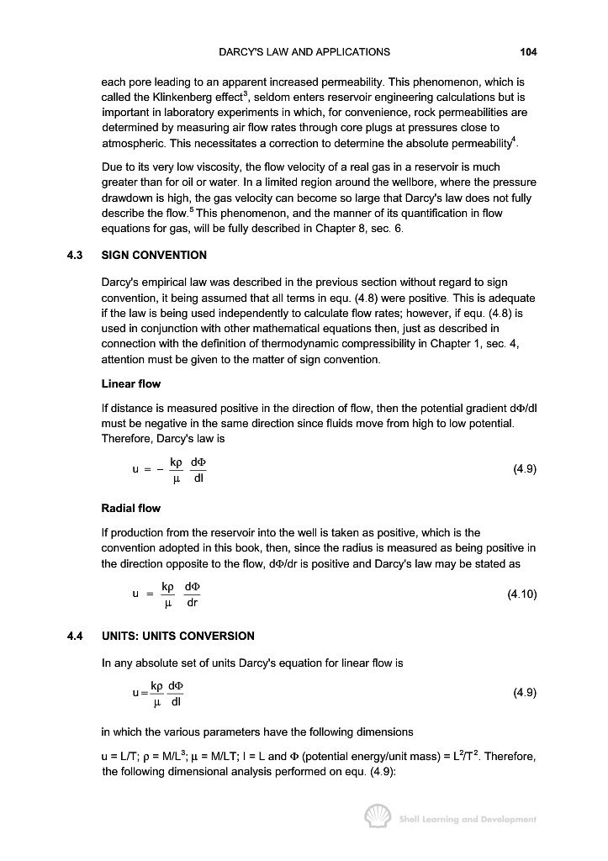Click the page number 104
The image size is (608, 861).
click(528, 52)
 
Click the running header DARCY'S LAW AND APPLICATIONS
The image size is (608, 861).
click(304, 52)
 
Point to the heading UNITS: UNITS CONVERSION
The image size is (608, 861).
click(177, 636)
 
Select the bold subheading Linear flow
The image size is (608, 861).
click(130, 384)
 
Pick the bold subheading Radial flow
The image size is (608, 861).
click(130, 508)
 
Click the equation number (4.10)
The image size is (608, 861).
click(521, 594)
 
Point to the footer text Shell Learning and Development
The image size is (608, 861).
click(468, 819)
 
